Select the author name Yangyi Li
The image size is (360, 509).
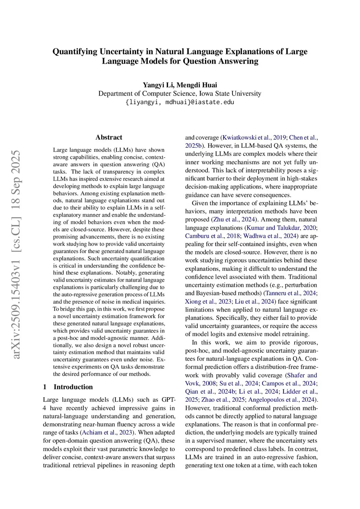158,85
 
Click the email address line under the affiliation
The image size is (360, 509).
180,102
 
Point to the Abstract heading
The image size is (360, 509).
109,137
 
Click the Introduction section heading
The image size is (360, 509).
73,387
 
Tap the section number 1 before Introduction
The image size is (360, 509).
45,387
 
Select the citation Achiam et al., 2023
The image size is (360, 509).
107,433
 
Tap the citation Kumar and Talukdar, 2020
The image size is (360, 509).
281,228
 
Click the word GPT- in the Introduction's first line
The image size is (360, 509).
168,400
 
